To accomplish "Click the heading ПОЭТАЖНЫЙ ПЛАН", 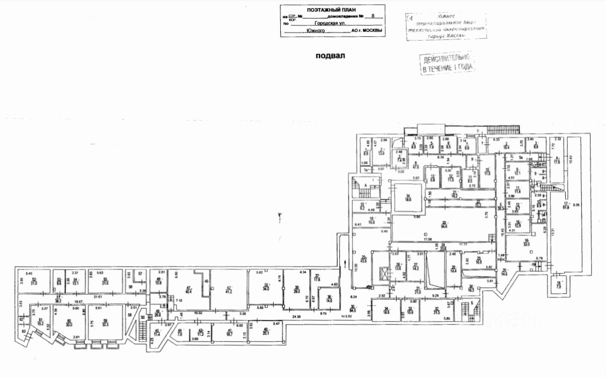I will (x=331, y=10).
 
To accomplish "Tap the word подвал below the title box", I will (x=330, y=56).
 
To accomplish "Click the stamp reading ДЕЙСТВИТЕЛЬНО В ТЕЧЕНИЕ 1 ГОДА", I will (x=447, y=63).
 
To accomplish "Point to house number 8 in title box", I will (x=373, y=16).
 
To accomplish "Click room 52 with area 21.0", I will (x=34, y=281).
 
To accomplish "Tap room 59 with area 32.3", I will (x=105, y=323).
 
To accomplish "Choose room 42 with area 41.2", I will (x=228, y=290).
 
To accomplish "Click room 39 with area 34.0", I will (x=266, y=287).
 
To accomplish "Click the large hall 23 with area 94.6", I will (x=444, y=225).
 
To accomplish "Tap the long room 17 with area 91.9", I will (x=567, y=204).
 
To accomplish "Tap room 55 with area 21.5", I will (x=105, y=281).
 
